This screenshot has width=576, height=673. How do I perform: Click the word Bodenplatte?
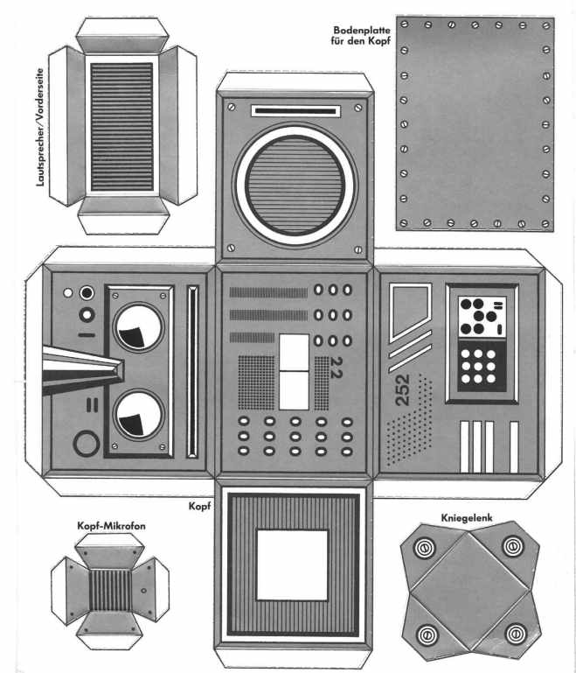[x=362, y=31]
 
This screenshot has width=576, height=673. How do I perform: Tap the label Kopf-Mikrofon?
[x=111, y=526]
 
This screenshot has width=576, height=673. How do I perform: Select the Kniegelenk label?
[x=467, y=518]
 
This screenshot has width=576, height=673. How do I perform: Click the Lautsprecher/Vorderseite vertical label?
[x=40, y=127]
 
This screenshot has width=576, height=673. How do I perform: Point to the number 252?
[x=402, y=390]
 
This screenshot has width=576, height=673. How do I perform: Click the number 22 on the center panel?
[x=336, y=368]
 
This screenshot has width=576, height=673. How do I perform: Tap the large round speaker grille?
[x=295, y=186]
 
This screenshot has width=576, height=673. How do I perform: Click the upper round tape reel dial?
[x=138, y=328]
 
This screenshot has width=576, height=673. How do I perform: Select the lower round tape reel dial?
[x=138, y=415]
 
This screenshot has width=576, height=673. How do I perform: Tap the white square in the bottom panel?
[x=292, y=564]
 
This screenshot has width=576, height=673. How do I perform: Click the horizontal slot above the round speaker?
[x=295, y=111]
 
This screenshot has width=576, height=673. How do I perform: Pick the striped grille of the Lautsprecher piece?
[x=121, y=127]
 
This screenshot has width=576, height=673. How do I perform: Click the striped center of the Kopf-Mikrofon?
[x=110, y=591]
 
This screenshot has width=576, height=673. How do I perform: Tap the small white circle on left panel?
[x=67, y=292]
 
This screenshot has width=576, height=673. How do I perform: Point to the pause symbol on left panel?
[x=92, y=405]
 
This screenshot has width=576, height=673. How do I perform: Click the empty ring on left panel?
[x=87, y=444]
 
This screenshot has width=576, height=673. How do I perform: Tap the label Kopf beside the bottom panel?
[x=199, y=507]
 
